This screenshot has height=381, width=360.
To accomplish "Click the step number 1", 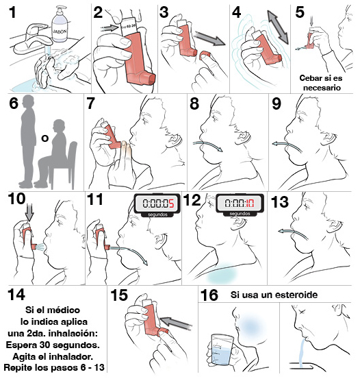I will [x=14, y=12].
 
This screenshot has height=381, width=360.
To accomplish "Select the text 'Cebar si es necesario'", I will [x=320, y=82].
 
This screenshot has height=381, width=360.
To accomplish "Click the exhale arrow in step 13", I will [x=292, y=234].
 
